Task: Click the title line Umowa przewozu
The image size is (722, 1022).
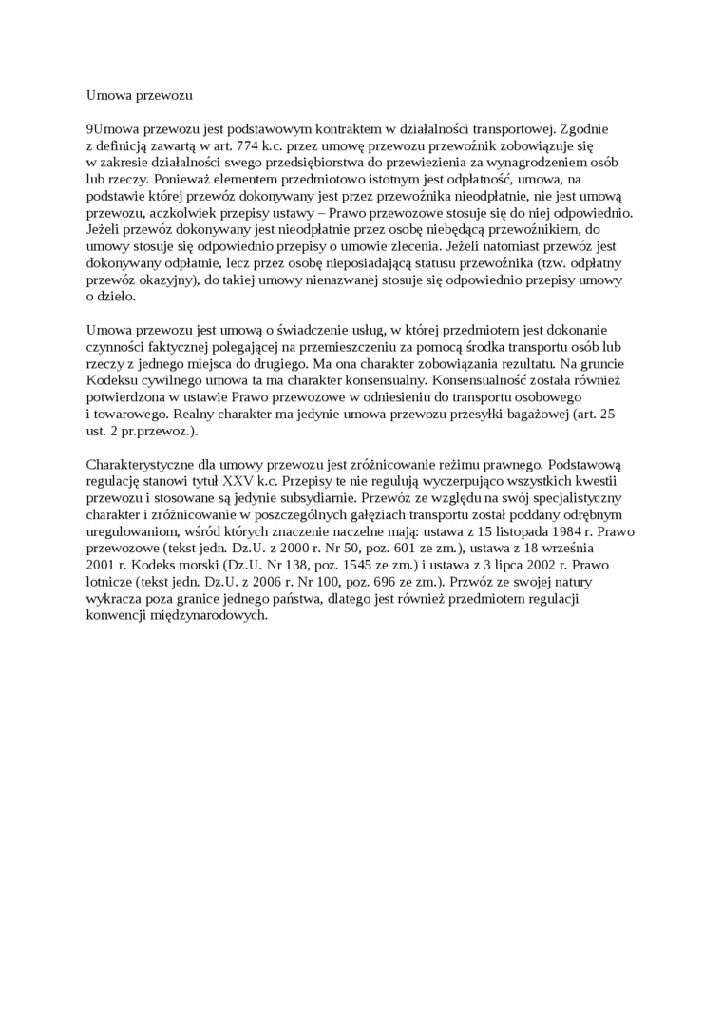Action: coord(140,95)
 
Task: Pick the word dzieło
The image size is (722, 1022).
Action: coord(117,298)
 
